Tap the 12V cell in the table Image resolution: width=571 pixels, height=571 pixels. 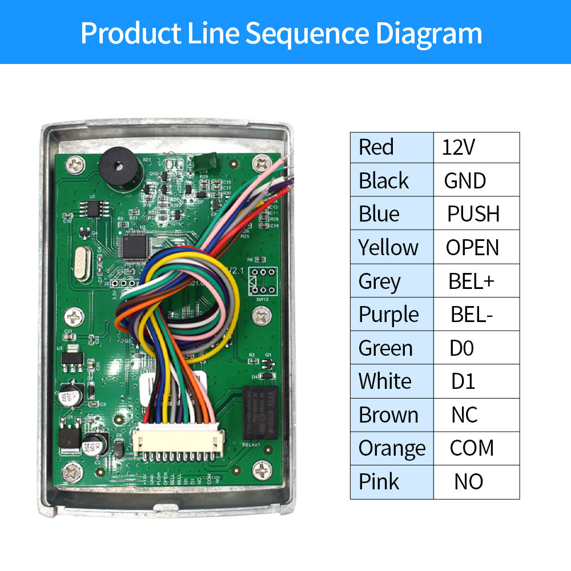(476, 148)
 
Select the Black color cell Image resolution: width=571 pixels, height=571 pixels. (392, 181)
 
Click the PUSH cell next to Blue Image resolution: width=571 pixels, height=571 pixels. (476, 214)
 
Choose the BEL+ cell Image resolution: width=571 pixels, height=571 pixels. (476, 282)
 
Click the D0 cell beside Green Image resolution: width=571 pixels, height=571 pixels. (476, 348)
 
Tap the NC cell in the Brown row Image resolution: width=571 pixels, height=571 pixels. (476, 415)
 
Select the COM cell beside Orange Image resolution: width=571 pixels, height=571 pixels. (476, 448)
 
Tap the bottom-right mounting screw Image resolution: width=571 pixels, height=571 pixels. (260, 471)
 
